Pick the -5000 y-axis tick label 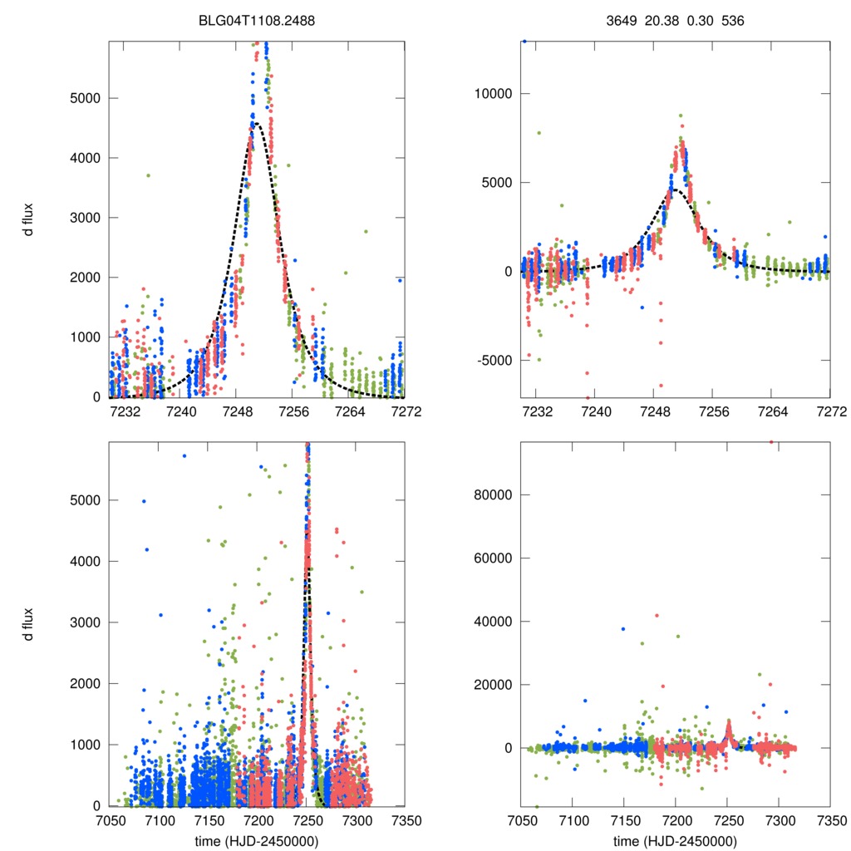coord(489,361)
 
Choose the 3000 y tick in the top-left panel coord(81,218)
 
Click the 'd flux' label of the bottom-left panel coord(28,623)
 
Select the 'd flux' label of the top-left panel coord(28,218)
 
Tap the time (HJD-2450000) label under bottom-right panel coord(675,840)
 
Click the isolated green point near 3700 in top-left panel coord(148,175)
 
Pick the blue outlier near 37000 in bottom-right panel coord(622,629)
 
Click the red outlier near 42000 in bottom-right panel coord(657,615)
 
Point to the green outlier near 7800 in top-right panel coord(539,133)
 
